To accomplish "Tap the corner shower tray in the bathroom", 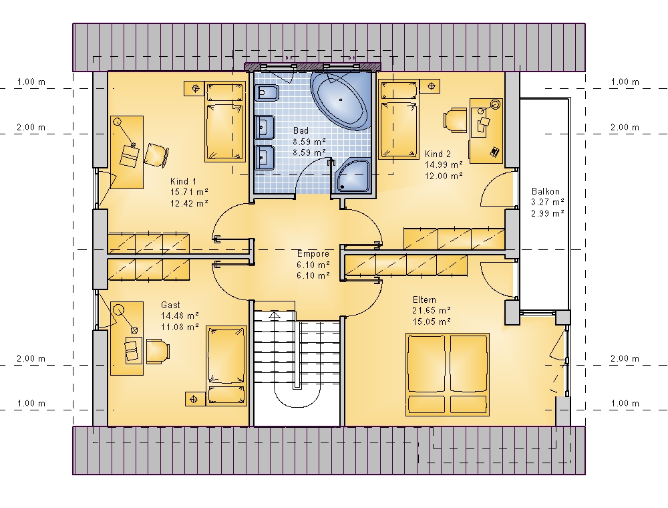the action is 353,176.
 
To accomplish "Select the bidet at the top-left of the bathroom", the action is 267,92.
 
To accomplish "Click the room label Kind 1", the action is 183,181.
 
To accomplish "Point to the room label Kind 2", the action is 438,154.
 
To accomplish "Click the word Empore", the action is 313,253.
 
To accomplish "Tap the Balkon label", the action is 546,191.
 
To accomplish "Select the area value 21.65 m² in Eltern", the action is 431,311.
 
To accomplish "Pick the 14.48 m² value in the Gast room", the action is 180,315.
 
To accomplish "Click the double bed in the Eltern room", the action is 448,374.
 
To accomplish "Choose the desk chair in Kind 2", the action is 455,118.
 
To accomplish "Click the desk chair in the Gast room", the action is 158,351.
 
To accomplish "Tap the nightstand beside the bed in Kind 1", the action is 196,88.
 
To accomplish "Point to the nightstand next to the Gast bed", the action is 195,399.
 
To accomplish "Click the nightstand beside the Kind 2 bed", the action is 430,86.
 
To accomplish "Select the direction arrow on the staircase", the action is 275,315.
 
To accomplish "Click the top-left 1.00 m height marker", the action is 31,82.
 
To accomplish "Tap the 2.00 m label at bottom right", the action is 625,358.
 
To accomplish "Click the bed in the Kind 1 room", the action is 226,122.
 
